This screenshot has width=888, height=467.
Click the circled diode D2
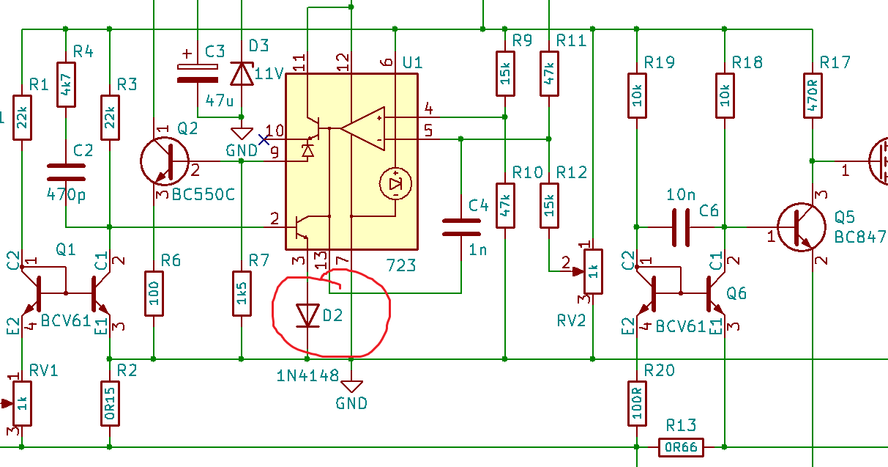click(x=307, y=316)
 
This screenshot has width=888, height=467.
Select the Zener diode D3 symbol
click(x=242, y=74)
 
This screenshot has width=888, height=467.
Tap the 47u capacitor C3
click(x=198, y=73)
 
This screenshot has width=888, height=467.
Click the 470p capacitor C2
click(x=66, y=172)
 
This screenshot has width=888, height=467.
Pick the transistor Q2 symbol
click(x=164, y=161)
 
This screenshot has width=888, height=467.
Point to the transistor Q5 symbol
click(x=801, y=227)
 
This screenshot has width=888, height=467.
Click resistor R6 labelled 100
click(x=154, y=293)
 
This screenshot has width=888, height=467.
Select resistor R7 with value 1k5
click(x=242, y=293)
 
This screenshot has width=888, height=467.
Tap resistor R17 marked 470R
click(x=813, y=96)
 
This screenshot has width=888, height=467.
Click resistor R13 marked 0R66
click(x=681, y=447)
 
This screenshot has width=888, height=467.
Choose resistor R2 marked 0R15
click(x=110, y=403)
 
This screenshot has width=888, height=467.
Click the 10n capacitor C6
click(x=681, y=227)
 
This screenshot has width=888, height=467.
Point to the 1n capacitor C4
click(x=461, y=227)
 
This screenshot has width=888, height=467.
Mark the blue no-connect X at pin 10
click(x=264, y=140)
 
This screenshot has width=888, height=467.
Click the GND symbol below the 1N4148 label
click(x=351, y=386)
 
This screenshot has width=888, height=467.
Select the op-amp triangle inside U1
click(x=362, y=129)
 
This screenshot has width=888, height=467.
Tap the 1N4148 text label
click(x=307, y=375)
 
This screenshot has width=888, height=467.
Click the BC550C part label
click(x=204, y=194)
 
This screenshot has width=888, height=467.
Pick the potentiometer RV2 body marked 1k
click(x=593, y=271)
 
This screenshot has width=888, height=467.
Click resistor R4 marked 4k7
click(x=66, y=84)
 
